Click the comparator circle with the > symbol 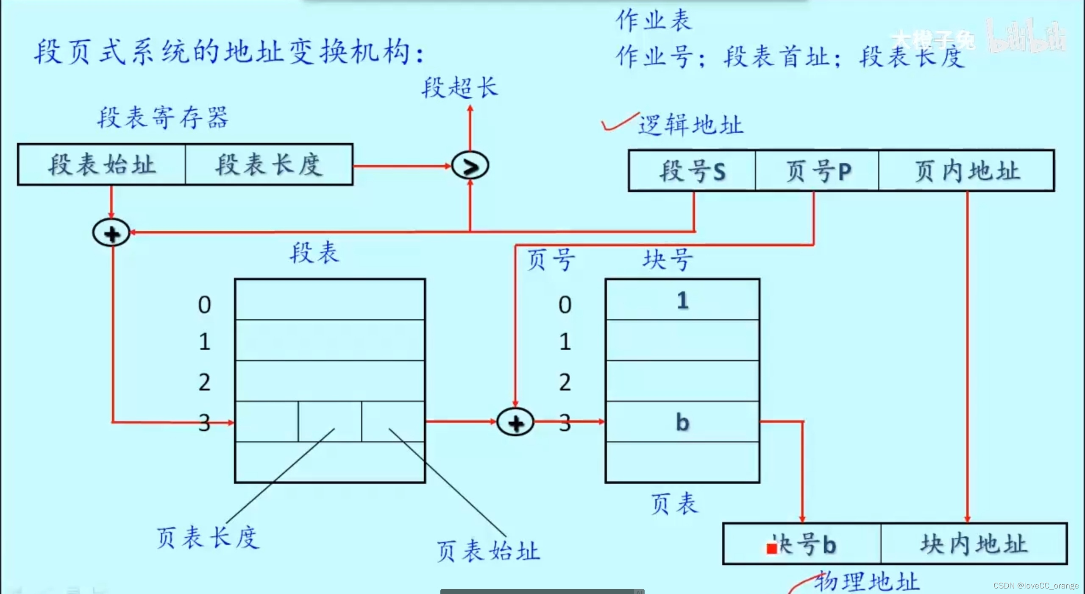[x=470, y=165]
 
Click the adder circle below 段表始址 [x=111, y=233]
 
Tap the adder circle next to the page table [x=515, y=422]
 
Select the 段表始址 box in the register [x=102, y=165]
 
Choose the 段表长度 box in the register [x=269, y=165]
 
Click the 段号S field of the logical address [x=692, y=171]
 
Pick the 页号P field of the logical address [x=817, y=171]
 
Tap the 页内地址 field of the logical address [x=966, y=171]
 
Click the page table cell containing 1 [x=682, y=300]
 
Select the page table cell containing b [x=682, y=422]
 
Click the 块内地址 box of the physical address [x=974, y=544]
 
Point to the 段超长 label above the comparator [x=459, y=88]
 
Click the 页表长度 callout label [x=207, y=538]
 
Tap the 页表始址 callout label [x=488, y=551]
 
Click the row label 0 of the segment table [x=204, y=304]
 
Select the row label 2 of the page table [x=565, y=382]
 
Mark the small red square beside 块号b [x=772, y=549]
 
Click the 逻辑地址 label [x=691, y=125]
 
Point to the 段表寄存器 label [x=163, y=117]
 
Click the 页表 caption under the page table [x=674, y=504]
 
